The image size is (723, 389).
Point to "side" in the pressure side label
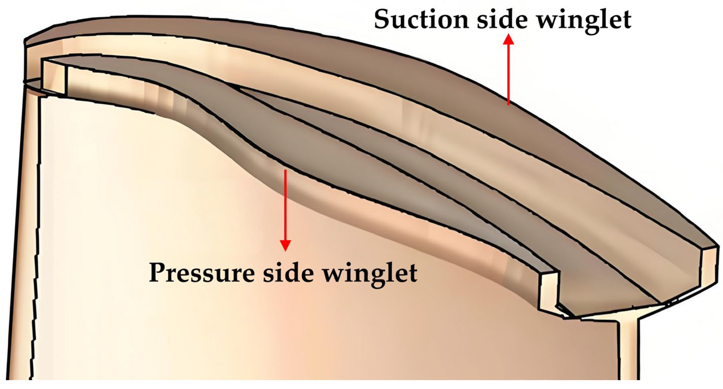[288, 273]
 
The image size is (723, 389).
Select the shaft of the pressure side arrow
[285, 205]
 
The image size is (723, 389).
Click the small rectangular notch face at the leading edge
[54, 79]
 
